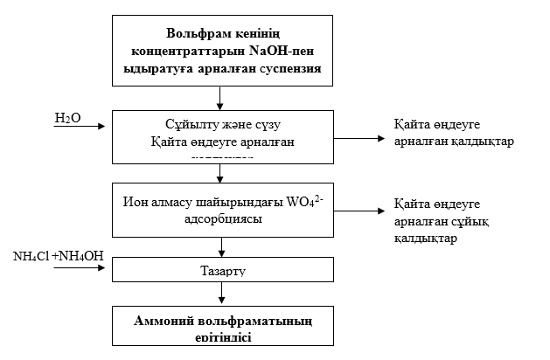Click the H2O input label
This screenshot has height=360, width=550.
click(x=67, y=118)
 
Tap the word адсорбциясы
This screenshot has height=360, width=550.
click(x=224, y=220)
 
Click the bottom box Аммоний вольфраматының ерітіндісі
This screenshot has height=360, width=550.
click(x=224, y=329)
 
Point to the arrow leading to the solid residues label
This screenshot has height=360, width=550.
click(x=359, y=138)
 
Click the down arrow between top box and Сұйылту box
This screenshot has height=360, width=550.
click(x=225, y=99)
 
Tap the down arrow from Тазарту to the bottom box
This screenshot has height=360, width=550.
click(x=225, y=294)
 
